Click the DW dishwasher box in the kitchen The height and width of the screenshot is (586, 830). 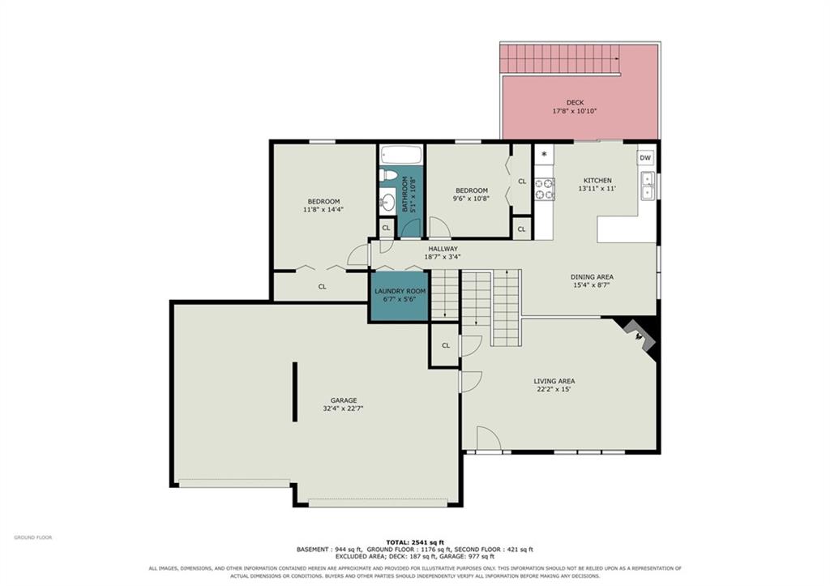tap(645, 158)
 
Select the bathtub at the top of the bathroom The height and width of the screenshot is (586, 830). tap(400, 155)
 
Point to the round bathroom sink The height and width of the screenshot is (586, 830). tap(387, 201)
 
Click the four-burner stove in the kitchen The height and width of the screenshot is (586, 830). tap(544, 189)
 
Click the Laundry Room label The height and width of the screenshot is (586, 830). tap(400, 291)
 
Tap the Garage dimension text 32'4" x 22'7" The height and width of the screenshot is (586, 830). tap(343, 408)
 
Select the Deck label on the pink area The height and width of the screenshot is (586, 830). tap(575, 103)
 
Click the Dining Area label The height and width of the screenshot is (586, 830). tap(592, 277)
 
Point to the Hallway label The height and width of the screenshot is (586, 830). tap(443, 249)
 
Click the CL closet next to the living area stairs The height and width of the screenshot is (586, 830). tap(446, 345)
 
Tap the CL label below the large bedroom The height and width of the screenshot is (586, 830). tap(322, 286)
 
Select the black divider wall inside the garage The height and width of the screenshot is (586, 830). tap(295, 391)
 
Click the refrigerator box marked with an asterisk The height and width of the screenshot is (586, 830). tap(544, 155)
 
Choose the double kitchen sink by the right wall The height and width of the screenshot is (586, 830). tap(647, 186)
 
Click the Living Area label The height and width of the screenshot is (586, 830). tap(554, 381)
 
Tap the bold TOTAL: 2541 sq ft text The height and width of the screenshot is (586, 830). tap(415, 542)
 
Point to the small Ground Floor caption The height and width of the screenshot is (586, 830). tap(32, 537)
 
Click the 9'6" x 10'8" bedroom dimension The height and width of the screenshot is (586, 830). tap(471, 199)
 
